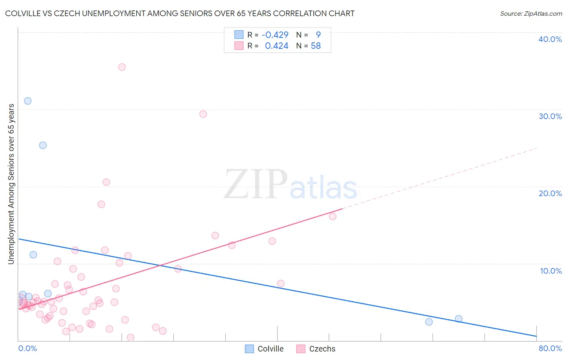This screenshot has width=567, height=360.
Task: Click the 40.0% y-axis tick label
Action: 550,39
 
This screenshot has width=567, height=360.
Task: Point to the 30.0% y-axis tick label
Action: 550,116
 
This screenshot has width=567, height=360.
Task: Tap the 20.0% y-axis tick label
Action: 550,193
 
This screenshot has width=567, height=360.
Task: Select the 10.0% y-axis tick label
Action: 551,271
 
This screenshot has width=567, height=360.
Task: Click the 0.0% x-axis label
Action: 27,348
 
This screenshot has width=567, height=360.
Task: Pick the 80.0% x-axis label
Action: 550,348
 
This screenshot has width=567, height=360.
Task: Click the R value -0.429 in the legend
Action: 275,35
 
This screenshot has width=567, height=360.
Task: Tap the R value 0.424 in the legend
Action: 276,46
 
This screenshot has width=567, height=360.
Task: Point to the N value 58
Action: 316,46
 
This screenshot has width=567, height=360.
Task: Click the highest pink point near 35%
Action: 122,67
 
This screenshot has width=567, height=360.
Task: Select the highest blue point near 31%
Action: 27,101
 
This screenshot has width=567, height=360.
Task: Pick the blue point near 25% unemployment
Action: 43,145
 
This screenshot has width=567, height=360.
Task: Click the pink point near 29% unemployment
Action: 203,114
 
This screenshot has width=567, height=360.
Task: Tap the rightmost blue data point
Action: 459,319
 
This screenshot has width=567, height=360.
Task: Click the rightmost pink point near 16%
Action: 333,216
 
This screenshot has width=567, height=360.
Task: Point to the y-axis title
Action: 11,184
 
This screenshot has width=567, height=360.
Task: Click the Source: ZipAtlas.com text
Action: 531,14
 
